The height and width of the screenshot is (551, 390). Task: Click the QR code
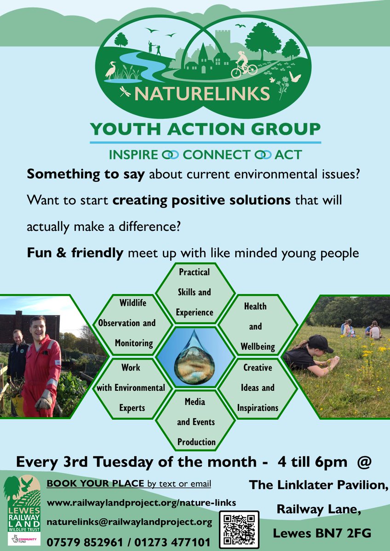click(x=239, y=529)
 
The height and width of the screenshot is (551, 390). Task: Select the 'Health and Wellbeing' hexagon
click(x=255, y=326)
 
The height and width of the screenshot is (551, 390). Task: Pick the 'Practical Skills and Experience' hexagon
click(x=195, y=292)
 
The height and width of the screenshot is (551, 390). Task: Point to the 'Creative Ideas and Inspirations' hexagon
click(x=258, y=388)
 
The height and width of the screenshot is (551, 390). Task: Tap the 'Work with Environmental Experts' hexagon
click(x=131, y=388)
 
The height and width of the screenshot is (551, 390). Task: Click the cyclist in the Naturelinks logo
click(x=243, y=64)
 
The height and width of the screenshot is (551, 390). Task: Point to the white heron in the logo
click(x=111, y=69)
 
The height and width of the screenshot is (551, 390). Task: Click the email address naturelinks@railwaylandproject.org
click(x=129, y=522)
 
